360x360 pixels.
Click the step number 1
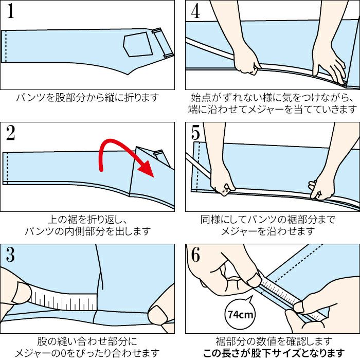pos(11,11)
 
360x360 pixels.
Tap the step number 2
pos(11,133)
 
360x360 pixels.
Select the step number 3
pos(11,255)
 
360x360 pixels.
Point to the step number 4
pos(195,11)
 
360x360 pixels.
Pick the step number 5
pos(195,133)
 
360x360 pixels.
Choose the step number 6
pos(195,255)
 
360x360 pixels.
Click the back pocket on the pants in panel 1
pos(138,44)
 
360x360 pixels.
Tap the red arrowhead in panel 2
pos(146,169)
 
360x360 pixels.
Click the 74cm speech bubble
pos(240,314)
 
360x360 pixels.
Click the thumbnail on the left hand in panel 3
pos(22,292)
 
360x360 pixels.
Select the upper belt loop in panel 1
pos(158,30)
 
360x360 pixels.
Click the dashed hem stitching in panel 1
pos(6,46)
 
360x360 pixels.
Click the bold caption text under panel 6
pos(274,353)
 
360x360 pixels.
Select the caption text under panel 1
pos(87,98)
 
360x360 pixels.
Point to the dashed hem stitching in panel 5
pos(198,167)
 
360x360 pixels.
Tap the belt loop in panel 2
pos(158,152)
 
